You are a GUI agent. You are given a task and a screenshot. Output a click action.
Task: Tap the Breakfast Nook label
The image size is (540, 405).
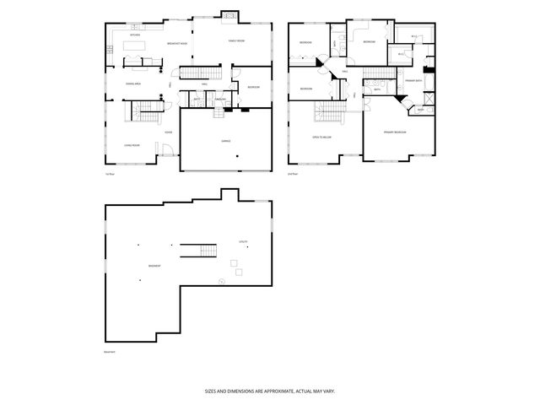[x=177, y=43]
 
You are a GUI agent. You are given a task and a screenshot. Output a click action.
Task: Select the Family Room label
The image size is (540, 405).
[x=235, y=40]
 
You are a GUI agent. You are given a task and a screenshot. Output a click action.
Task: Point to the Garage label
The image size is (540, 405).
[x=225, y=141]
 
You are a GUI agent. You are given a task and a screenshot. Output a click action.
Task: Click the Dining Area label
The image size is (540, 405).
[x=133, y=84]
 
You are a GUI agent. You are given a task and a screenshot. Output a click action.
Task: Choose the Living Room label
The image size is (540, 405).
[x=132, y=145]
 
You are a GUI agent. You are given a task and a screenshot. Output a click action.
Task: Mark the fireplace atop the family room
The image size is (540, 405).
[x=229, y=14]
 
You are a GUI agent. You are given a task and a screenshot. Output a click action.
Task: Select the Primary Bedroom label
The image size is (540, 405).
[x=395, y=132]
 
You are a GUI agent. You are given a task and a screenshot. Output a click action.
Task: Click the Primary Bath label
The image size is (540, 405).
[x=413, y=80]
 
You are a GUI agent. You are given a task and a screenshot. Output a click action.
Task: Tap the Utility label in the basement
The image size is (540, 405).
[x=242, y=241]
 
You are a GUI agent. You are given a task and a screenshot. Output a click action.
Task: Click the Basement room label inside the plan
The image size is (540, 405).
[x=154, y=266]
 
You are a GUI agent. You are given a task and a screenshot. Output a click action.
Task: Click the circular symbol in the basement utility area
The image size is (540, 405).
[x=221, y=281]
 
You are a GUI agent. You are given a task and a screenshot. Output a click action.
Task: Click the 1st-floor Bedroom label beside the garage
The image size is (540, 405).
[x=253, y=88]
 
